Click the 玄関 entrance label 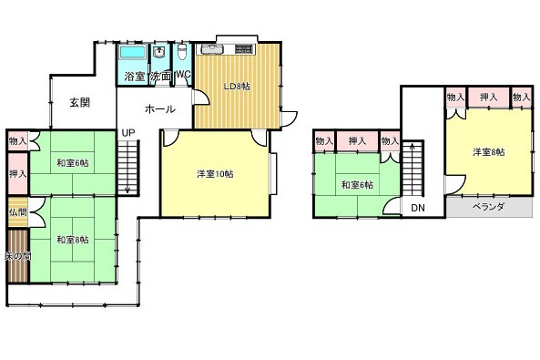point(80,102)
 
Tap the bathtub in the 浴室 point(132,53)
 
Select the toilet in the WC point(182,52)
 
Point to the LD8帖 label point(238,87)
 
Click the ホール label point(159,109)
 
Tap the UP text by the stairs point(128,133)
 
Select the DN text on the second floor point(418,208)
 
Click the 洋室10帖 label point(215,174)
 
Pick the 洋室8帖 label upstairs point(489,152)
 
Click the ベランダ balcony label point(489,207)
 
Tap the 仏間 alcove point(18,211)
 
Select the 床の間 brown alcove point(18,256)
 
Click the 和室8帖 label point(73,240)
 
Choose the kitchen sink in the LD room point(209,49)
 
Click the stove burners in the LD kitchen point(245,49)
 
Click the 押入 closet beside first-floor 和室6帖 point(17,173)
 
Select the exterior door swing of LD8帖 point(290,119)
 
